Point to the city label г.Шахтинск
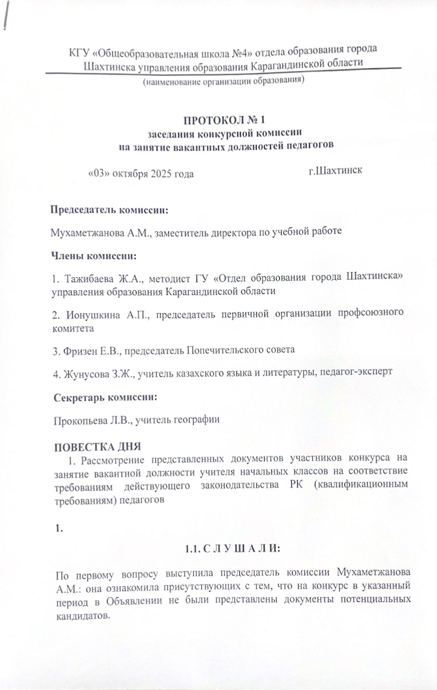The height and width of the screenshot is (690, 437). click(x=335, y=170)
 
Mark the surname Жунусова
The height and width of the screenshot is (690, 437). click(x=85, y=373)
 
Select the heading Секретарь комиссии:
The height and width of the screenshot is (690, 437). click(x=105, y=398)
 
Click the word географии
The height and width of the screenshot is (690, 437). click(x=196, y=420)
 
